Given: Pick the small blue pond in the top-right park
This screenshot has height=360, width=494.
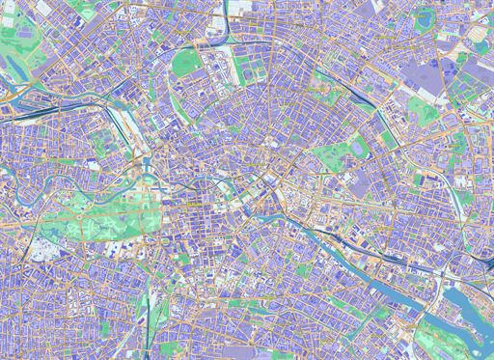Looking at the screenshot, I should point(480,46).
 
